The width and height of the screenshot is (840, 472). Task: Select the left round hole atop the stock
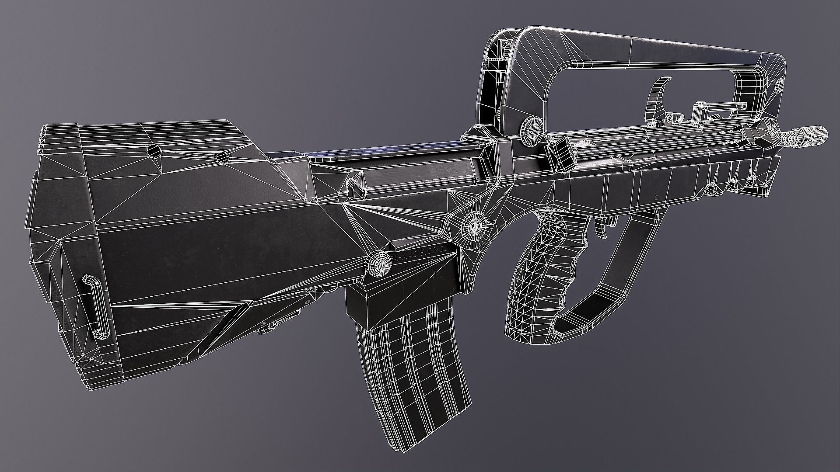click(x=154, y=151)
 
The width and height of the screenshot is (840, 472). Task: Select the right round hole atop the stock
click(x=222, y=156)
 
